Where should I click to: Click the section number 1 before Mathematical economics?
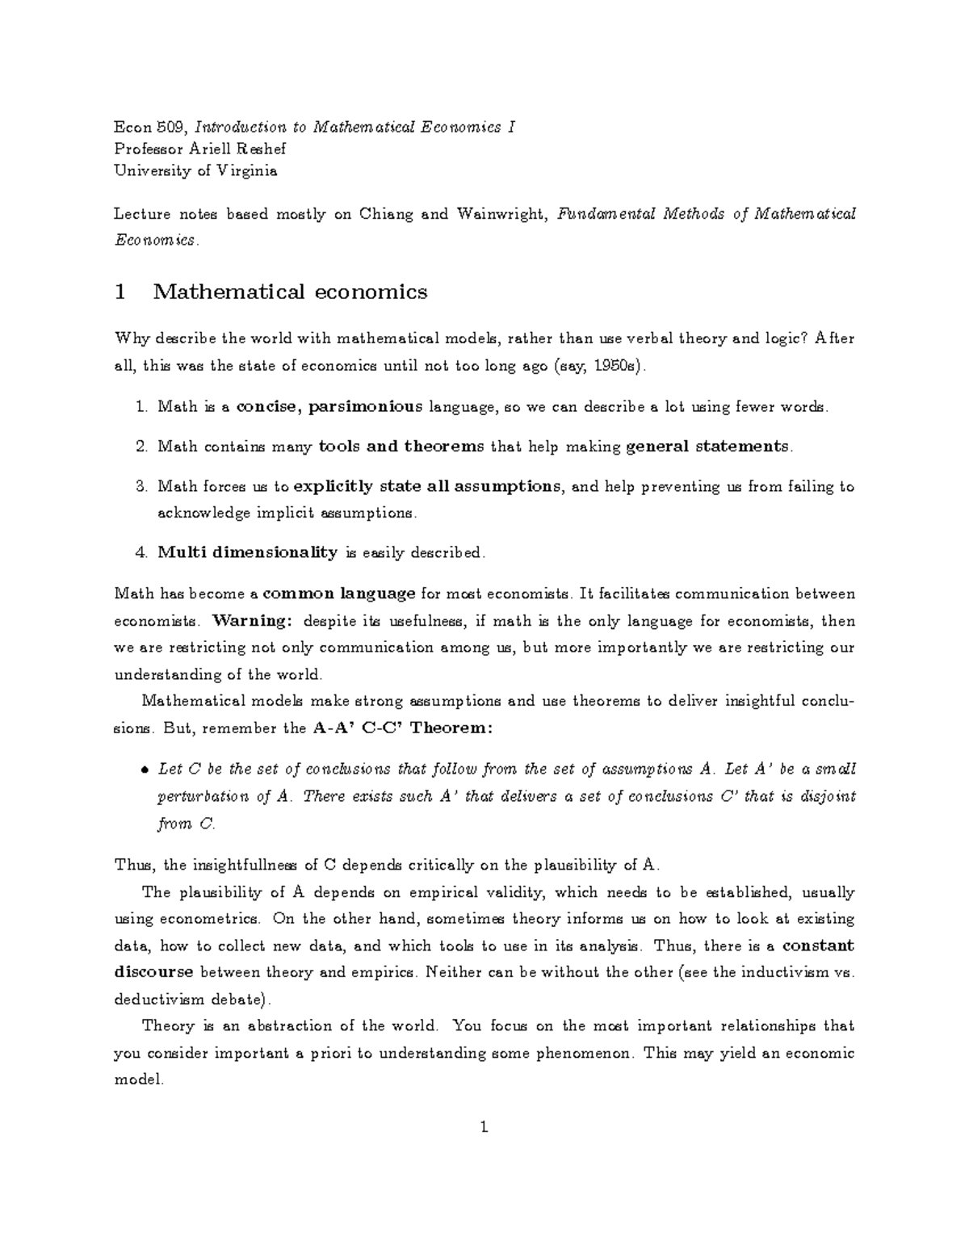pos(120,291)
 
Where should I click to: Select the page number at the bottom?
pos(484,1127)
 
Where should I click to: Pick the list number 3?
pos(141,486)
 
